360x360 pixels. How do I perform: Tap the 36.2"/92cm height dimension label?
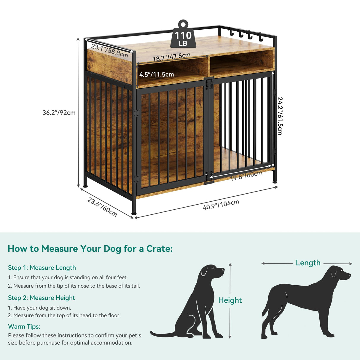tap(59, 113)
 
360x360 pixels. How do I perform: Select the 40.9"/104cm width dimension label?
tap(221, 205)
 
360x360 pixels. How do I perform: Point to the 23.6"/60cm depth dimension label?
tap(102, 207)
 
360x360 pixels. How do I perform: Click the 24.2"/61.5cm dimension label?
tap(280, 116)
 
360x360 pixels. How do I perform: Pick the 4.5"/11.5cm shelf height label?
tap(157, 74)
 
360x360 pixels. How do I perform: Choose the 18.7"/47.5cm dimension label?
tap(171, 57)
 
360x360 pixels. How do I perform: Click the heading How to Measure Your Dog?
tap(90, 249)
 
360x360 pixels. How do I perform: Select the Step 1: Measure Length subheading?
tap(42, 268)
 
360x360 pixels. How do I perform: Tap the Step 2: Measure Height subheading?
tap(42, 298)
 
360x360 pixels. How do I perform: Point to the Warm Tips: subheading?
tap(24, 326)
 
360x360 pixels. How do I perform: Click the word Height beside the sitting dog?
tap(230, 300)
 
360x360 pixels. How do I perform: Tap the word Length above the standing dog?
tap(308, 263)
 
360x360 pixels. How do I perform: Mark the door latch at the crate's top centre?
tap(209, 83)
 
